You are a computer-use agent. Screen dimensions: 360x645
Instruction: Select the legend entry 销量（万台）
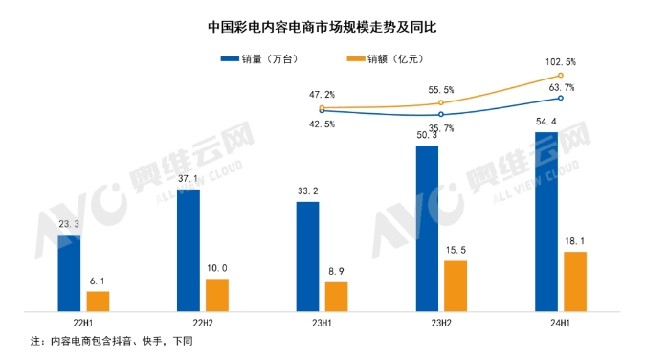[257, 59]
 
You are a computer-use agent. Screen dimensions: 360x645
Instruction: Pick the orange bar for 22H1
[99, 301]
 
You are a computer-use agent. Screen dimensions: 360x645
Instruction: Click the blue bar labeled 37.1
[189, 250]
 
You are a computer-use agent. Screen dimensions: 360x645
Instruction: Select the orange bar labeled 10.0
[217, 295]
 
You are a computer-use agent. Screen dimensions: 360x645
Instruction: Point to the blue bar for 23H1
[307, 257]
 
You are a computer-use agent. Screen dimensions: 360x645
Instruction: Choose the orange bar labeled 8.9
[336, 297]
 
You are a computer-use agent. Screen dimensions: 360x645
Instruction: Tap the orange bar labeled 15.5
[456, 285]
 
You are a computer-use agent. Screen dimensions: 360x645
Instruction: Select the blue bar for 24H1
[545, 221]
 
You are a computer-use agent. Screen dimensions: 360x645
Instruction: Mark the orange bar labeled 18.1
[574, 281]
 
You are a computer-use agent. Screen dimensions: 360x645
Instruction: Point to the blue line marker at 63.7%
[560, 98]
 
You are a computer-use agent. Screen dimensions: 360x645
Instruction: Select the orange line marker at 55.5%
[441, 102]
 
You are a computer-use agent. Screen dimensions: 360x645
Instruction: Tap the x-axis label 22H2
[203, 324]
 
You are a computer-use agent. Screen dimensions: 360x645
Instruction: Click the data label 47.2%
[322, 95]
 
